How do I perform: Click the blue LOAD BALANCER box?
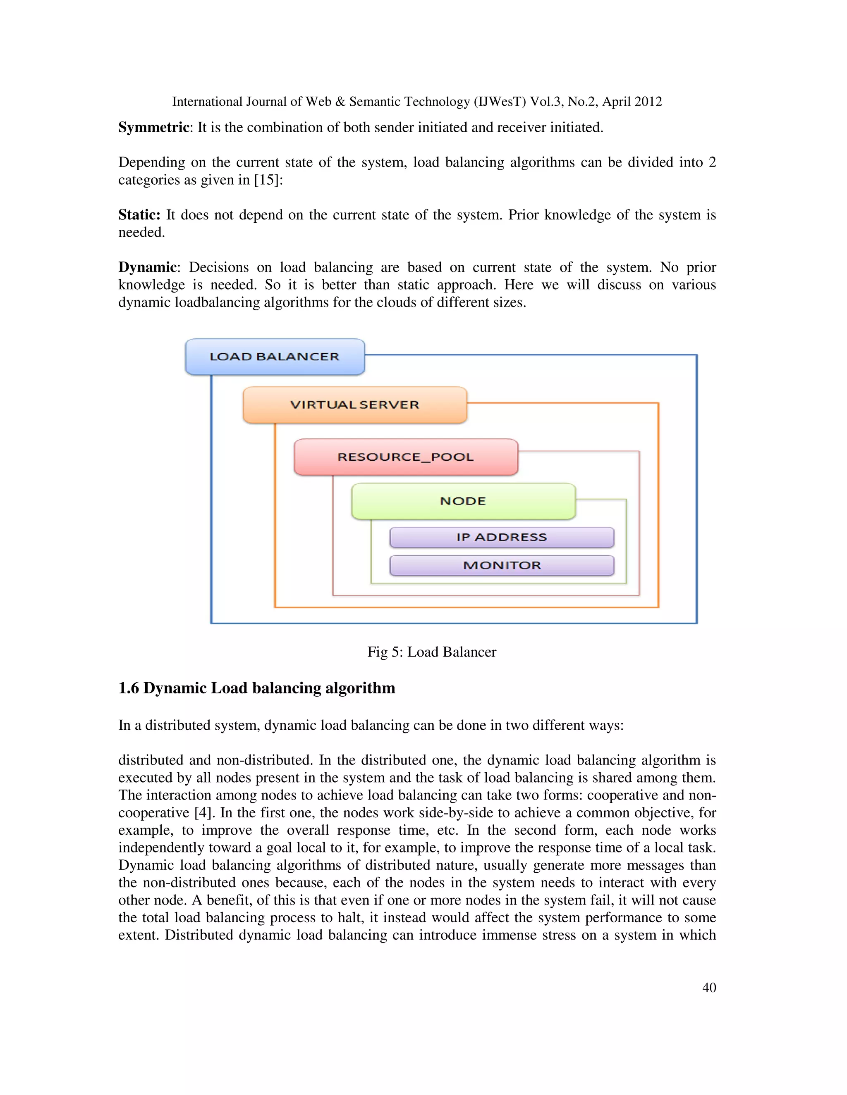point(275,357)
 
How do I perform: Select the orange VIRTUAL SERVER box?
point(355,405)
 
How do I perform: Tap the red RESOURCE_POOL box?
point(405,457)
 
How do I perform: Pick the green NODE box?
point(463,501)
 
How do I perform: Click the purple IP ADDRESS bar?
point(501,537)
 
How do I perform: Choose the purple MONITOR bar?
point(501,565)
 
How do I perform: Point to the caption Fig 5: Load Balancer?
point(431,652)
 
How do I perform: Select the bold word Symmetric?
point(153,127)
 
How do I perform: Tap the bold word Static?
point(139,214)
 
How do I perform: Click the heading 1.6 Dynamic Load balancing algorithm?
point(256,688)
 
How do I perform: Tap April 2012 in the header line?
point(632,102)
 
